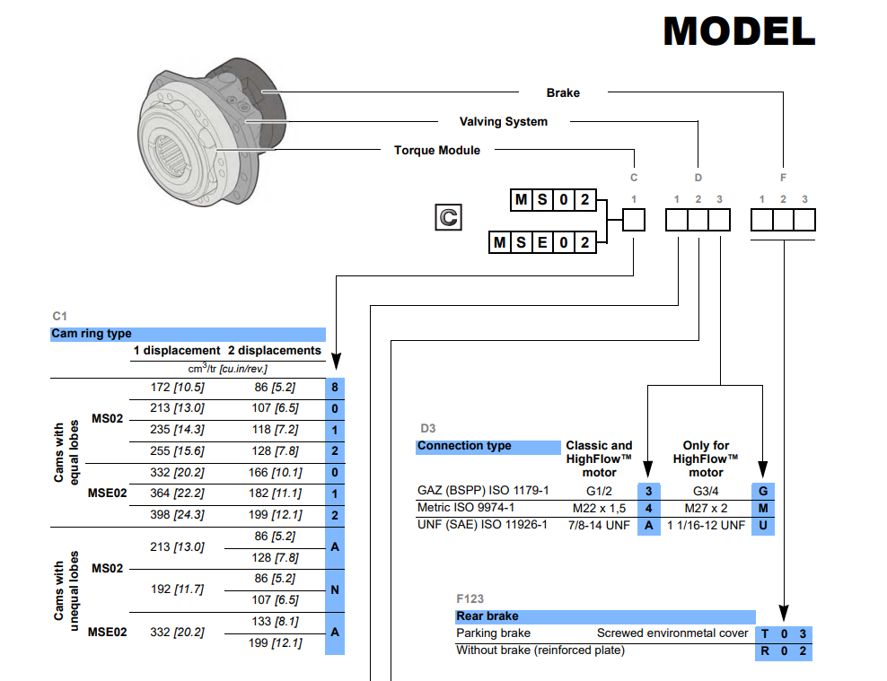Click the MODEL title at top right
coord(738,32)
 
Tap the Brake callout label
coord(563,92)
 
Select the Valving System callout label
coord(503,121)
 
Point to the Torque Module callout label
coord(436,150)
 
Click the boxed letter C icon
coord(447,216)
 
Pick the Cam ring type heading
coord(92,334)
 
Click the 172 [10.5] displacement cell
coord(168,388)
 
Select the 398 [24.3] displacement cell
coord(168,515)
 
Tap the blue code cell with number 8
coord(334,389)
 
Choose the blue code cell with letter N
coord(334,590)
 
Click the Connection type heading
coord(464,446)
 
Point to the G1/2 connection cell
coord(599,491)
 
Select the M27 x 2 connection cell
coord(706,508)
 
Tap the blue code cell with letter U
coord(764,525)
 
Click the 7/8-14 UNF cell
coord(599,525)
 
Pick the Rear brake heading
coord(487,616)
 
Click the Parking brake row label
coord(493,633)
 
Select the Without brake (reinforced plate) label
coord(540,650)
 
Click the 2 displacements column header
coord(274,351)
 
